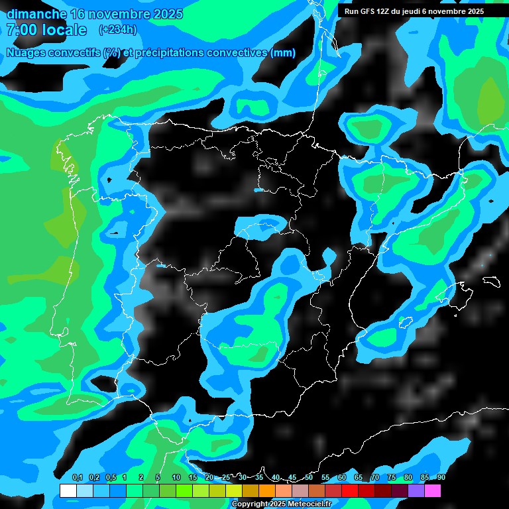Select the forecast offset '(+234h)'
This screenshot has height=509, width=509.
(x=117, y=29)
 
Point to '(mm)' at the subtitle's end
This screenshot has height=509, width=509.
(x=284, y=53)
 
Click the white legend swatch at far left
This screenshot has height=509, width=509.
(x=68, y=491)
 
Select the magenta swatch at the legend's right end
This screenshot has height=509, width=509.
(x=433, y=491)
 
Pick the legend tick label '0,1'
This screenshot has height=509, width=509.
(x=77, y=478)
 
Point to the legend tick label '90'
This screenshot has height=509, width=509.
(x=441, y=478)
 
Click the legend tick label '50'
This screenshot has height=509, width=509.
(x=309, y=478)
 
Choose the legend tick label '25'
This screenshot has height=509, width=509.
(x=226, y=478)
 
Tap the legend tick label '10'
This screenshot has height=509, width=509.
(x=176, y=478)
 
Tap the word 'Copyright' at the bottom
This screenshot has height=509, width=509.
(x=250, y=504)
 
